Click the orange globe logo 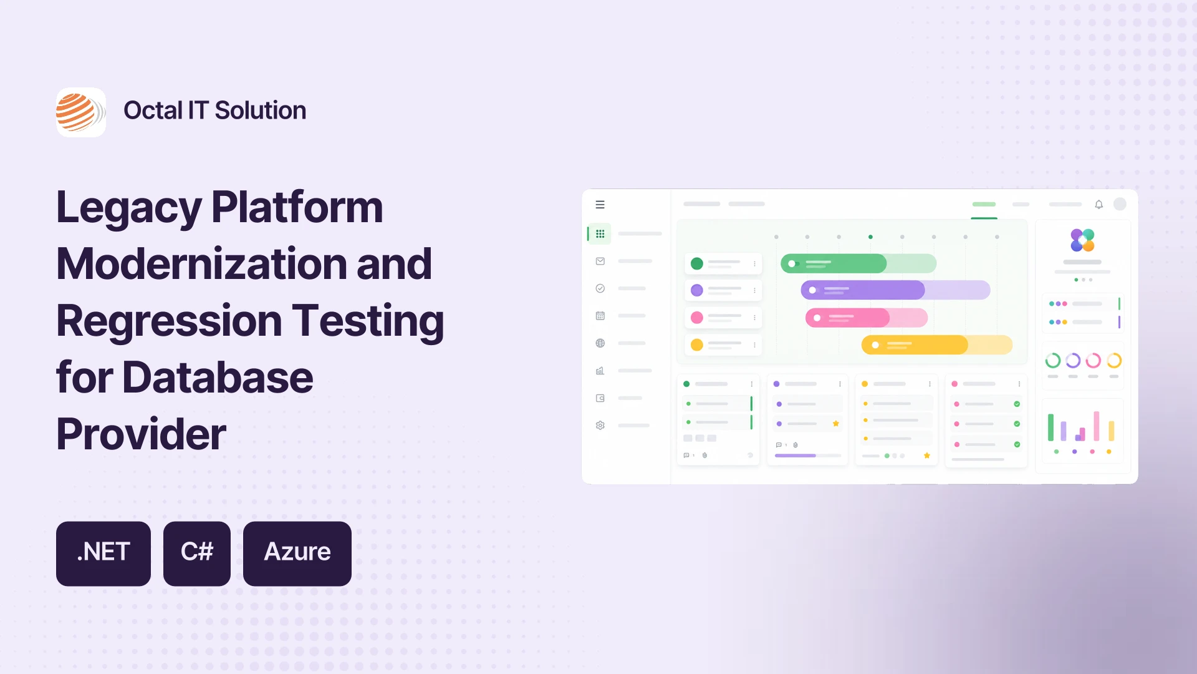(81, 112)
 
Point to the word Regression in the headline (169, 322)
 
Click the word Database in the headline (218, 378)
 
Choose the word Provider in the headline (141, 434)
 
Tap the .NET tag (103, 554)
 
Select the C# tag (197, 554)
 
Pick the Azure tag (297, 554)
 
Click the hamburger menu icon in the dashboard (600, 205)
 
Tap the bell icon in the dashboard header (1099, 205)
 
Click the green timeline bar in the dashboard (858, 263)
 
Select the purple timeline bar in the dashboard (895, 290)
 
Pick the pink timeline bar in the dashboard (867, 318)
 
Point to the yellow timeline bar (937, 344)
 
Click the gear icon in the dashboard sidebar (600, 426)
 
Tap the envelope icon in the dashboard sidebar (600, 261)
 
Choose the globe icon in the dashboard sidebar (600, 343)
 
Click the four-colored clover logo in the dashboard (1082, 240)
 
